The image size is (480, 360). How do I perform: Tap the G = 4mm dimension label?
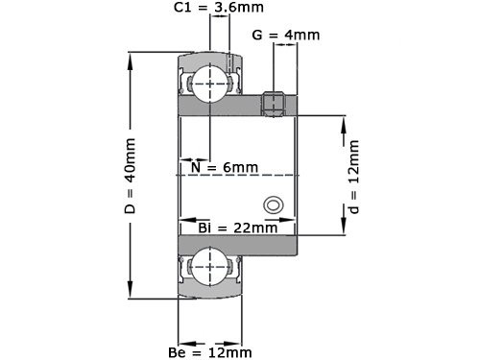pos(285,36)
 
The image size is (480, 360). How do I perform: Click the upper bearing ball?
pos(209,84)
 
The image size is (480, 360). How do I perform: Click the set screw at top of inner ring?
pos(274,103)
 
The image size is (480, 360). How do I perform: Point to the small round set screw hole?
pos(274,204)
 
